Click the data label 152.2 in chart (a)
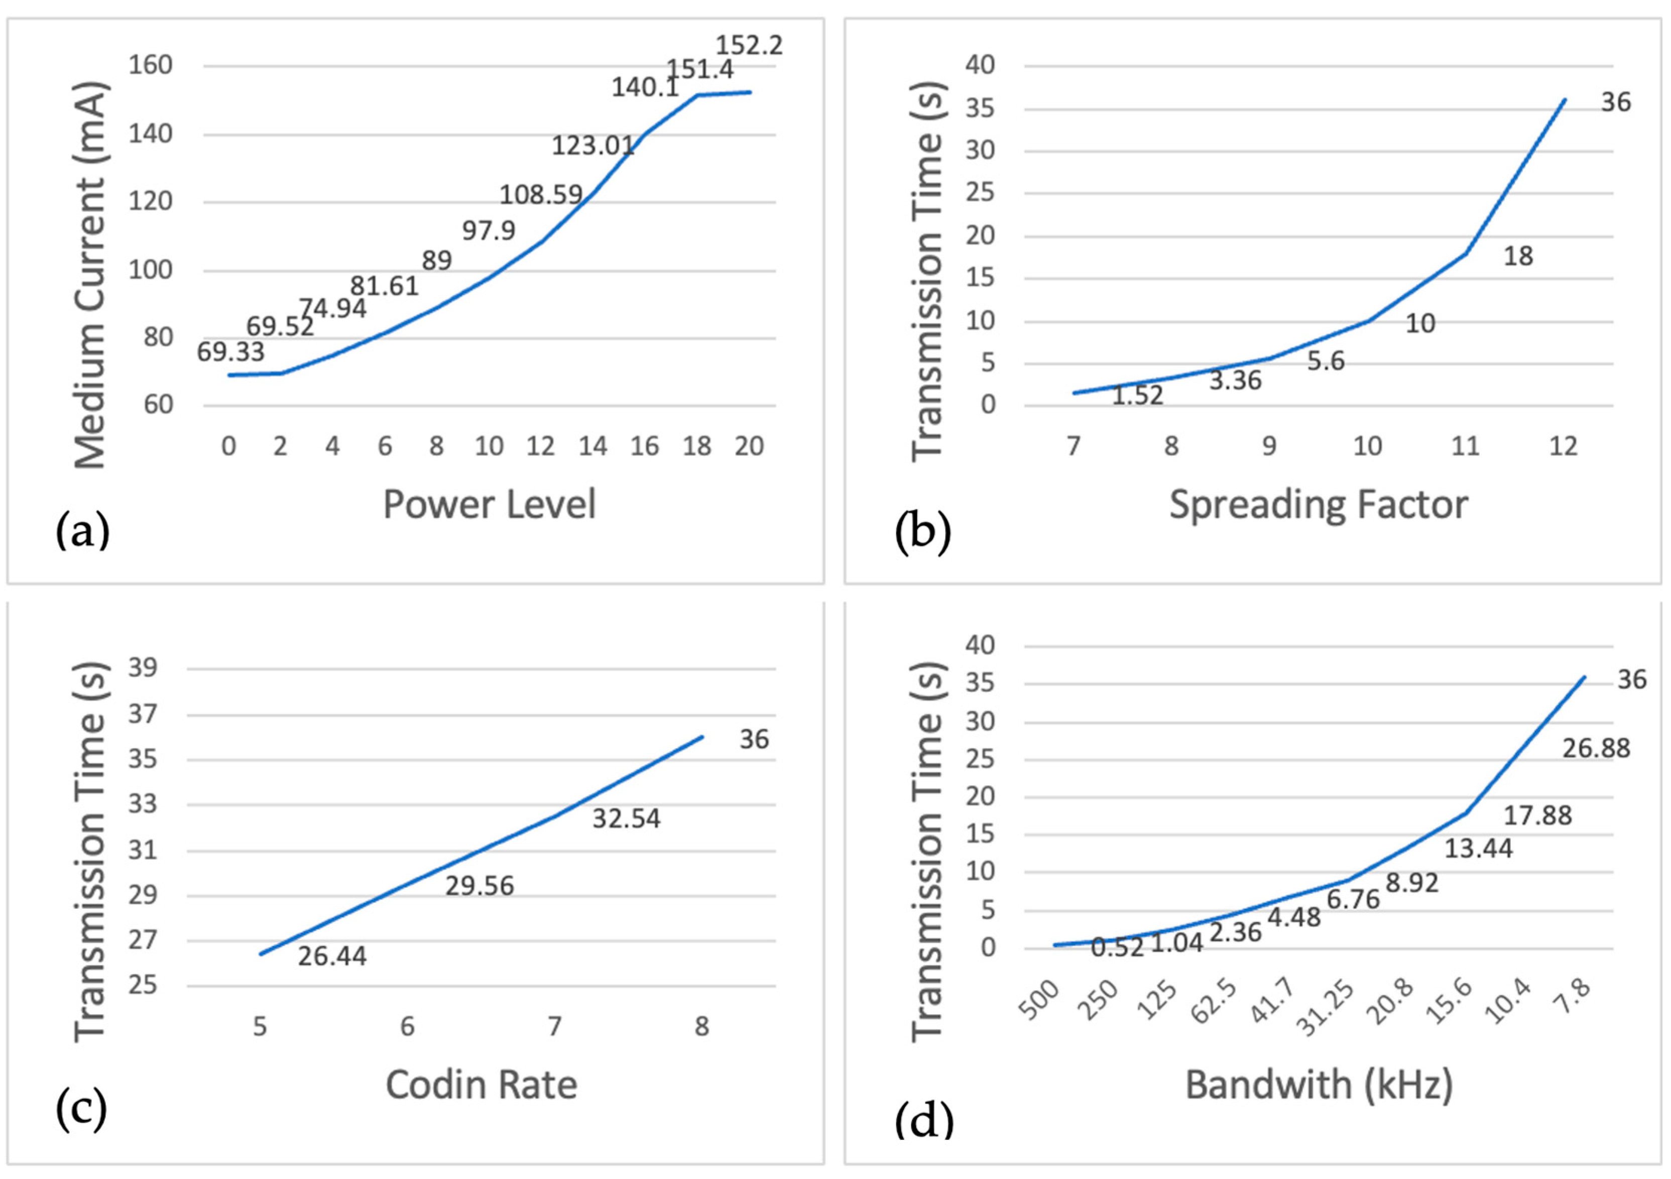tap(749, 45)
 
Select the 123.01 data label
tap(593, 146)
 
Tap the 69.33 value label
tap(230, 352)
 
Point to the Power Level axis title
tap(489, 504)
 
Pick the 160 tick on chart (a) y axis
tap(150, 65)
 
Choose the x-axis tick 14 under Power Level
tap(592, 446)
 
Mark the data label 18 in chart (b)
tap(1518, 256)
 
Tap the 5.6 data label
tap(1325, 361)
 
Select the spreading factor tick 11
tap(1465, 446)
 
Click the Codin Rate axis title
tap(481, 1085)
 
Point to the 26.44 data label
tap(332, 956)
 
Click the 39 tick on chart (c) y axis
tap(143, 667)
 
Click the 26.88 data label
tap(1596, 748)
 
